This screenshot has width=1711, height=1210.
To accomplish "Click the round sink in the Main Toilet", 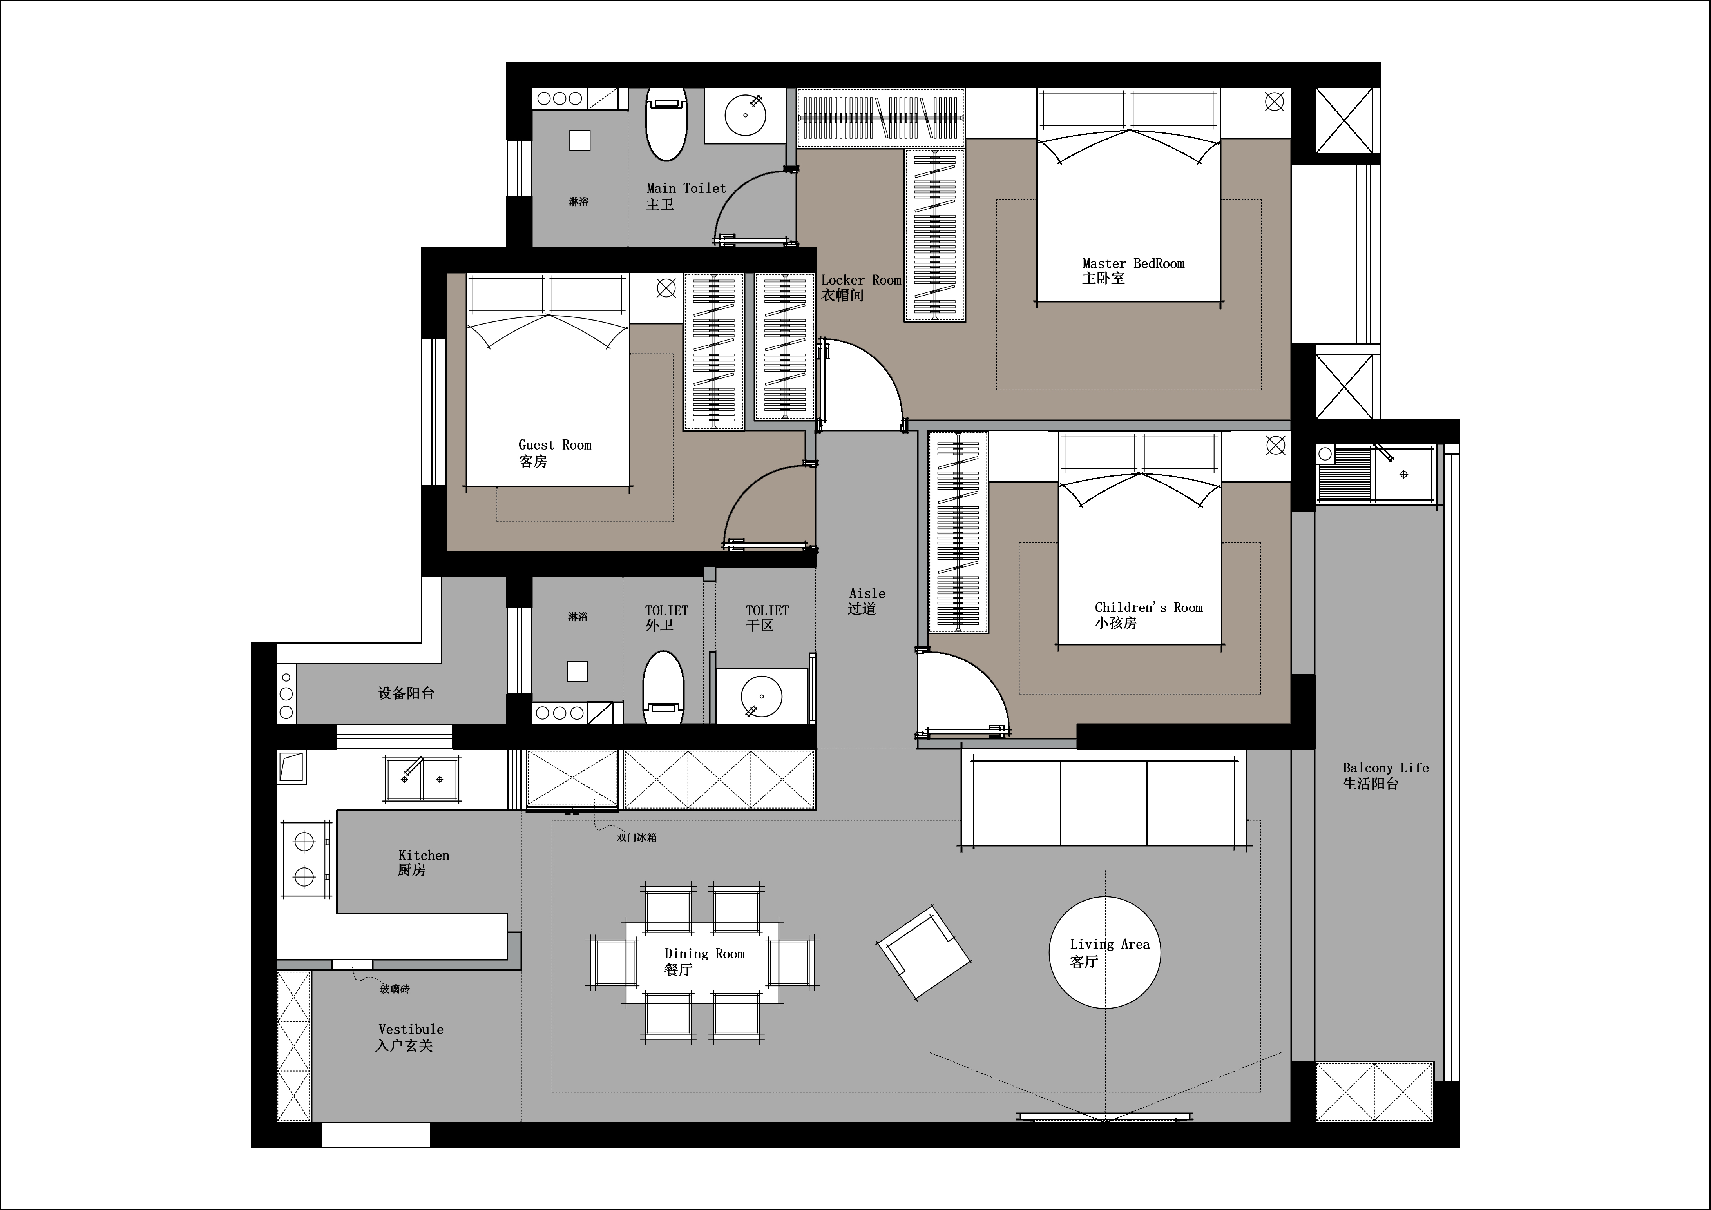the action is [745, 116].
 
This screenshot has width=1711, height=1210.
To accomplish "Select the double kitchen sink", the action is [422, 779].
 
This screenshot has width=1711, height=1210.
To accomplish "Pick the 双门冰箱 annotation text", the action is [636, 837].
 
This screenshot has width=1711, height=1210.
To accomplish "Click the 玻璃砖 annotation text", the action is [394, 989].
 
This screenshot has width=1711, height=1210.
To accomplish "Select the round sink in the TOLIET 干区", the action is [762, 697].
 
